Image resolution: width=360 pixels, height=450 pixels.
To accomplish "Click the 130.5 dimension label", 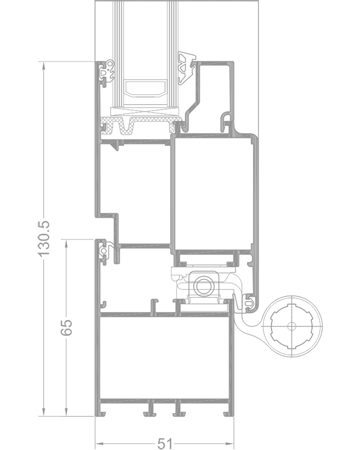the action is (x=43, y=238).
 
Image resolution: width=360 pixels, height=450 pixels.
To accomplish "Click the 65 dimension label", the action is (x=66, y=327).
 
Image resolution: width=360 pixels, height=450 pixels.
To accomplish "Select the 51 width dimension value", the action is (x=165, y=443).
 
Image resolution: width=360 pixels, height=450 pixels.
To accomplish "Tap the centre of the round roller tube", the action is (x=291, y=326).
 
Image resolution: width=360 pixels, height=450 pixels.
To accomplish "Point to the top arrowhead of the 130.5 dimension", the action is (x=43, y=65).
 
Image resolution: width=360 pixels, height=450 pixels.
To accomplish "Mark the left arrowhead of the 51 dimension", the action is (x=99, y=443).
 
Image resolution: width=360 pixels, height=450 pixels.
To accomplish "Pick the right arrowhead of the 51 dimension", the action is (x=229, y=443).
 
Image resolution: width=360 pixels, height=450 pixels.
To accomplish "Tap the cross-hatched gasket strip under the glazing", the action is (x=140, y=125).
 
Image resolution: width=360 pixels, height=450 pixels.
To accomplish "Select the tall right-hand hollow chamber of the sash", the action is (x=212, y=193).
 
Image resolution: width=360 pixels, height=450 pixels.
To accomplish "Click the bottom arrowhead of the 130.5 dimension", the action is (x=43, y=412).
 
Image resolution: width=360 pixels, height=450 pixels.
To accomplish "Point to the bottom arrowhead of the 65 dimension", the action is (x=66, y=412).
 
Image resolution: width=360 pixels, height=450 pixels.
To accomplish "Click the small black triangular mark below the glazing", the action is (x=116, y=146).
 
